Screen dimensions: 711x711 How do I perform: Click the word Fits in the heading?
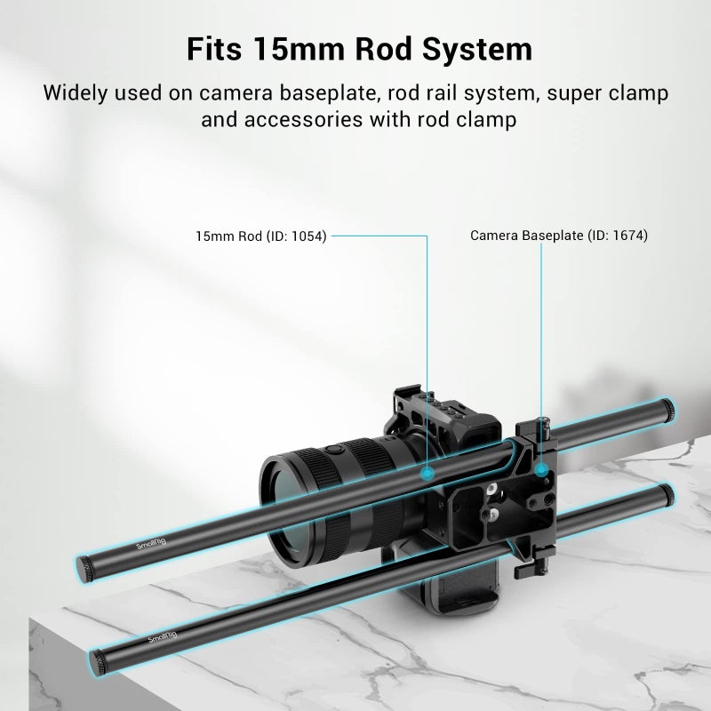pyautogui.click(x=214, y=49)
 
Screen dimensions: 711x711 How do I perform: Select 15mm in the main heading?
pyautogui.click(x=299, y=49)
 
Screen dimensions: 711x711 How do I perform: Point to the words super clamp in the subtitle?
pyautogui.click(x=608, y=93)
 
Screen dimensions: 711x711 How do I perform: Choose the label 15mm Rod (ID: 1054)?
pyautogui.click(x=261, y=236)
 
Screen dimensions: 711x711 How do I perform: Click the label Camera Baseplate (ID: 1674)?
pyautogui.click(x=559, y=236)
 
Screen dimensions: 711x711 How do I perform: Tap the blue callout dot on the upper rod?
pyautogui.click(x=427, y=474)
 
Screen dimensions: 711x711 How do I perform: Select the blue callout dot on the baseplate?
pyautogui.click(x=540, y=470)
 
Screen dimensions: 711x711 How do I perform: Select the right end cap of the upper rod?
pyautogui.click(x=667, y=411)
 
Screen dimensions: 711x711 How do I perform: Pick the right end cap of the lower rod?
pyautogui.click(x=667, y=496)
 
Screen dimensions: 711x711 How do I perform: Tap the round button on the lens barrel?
pyautogui.click(x=335, y=450)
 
